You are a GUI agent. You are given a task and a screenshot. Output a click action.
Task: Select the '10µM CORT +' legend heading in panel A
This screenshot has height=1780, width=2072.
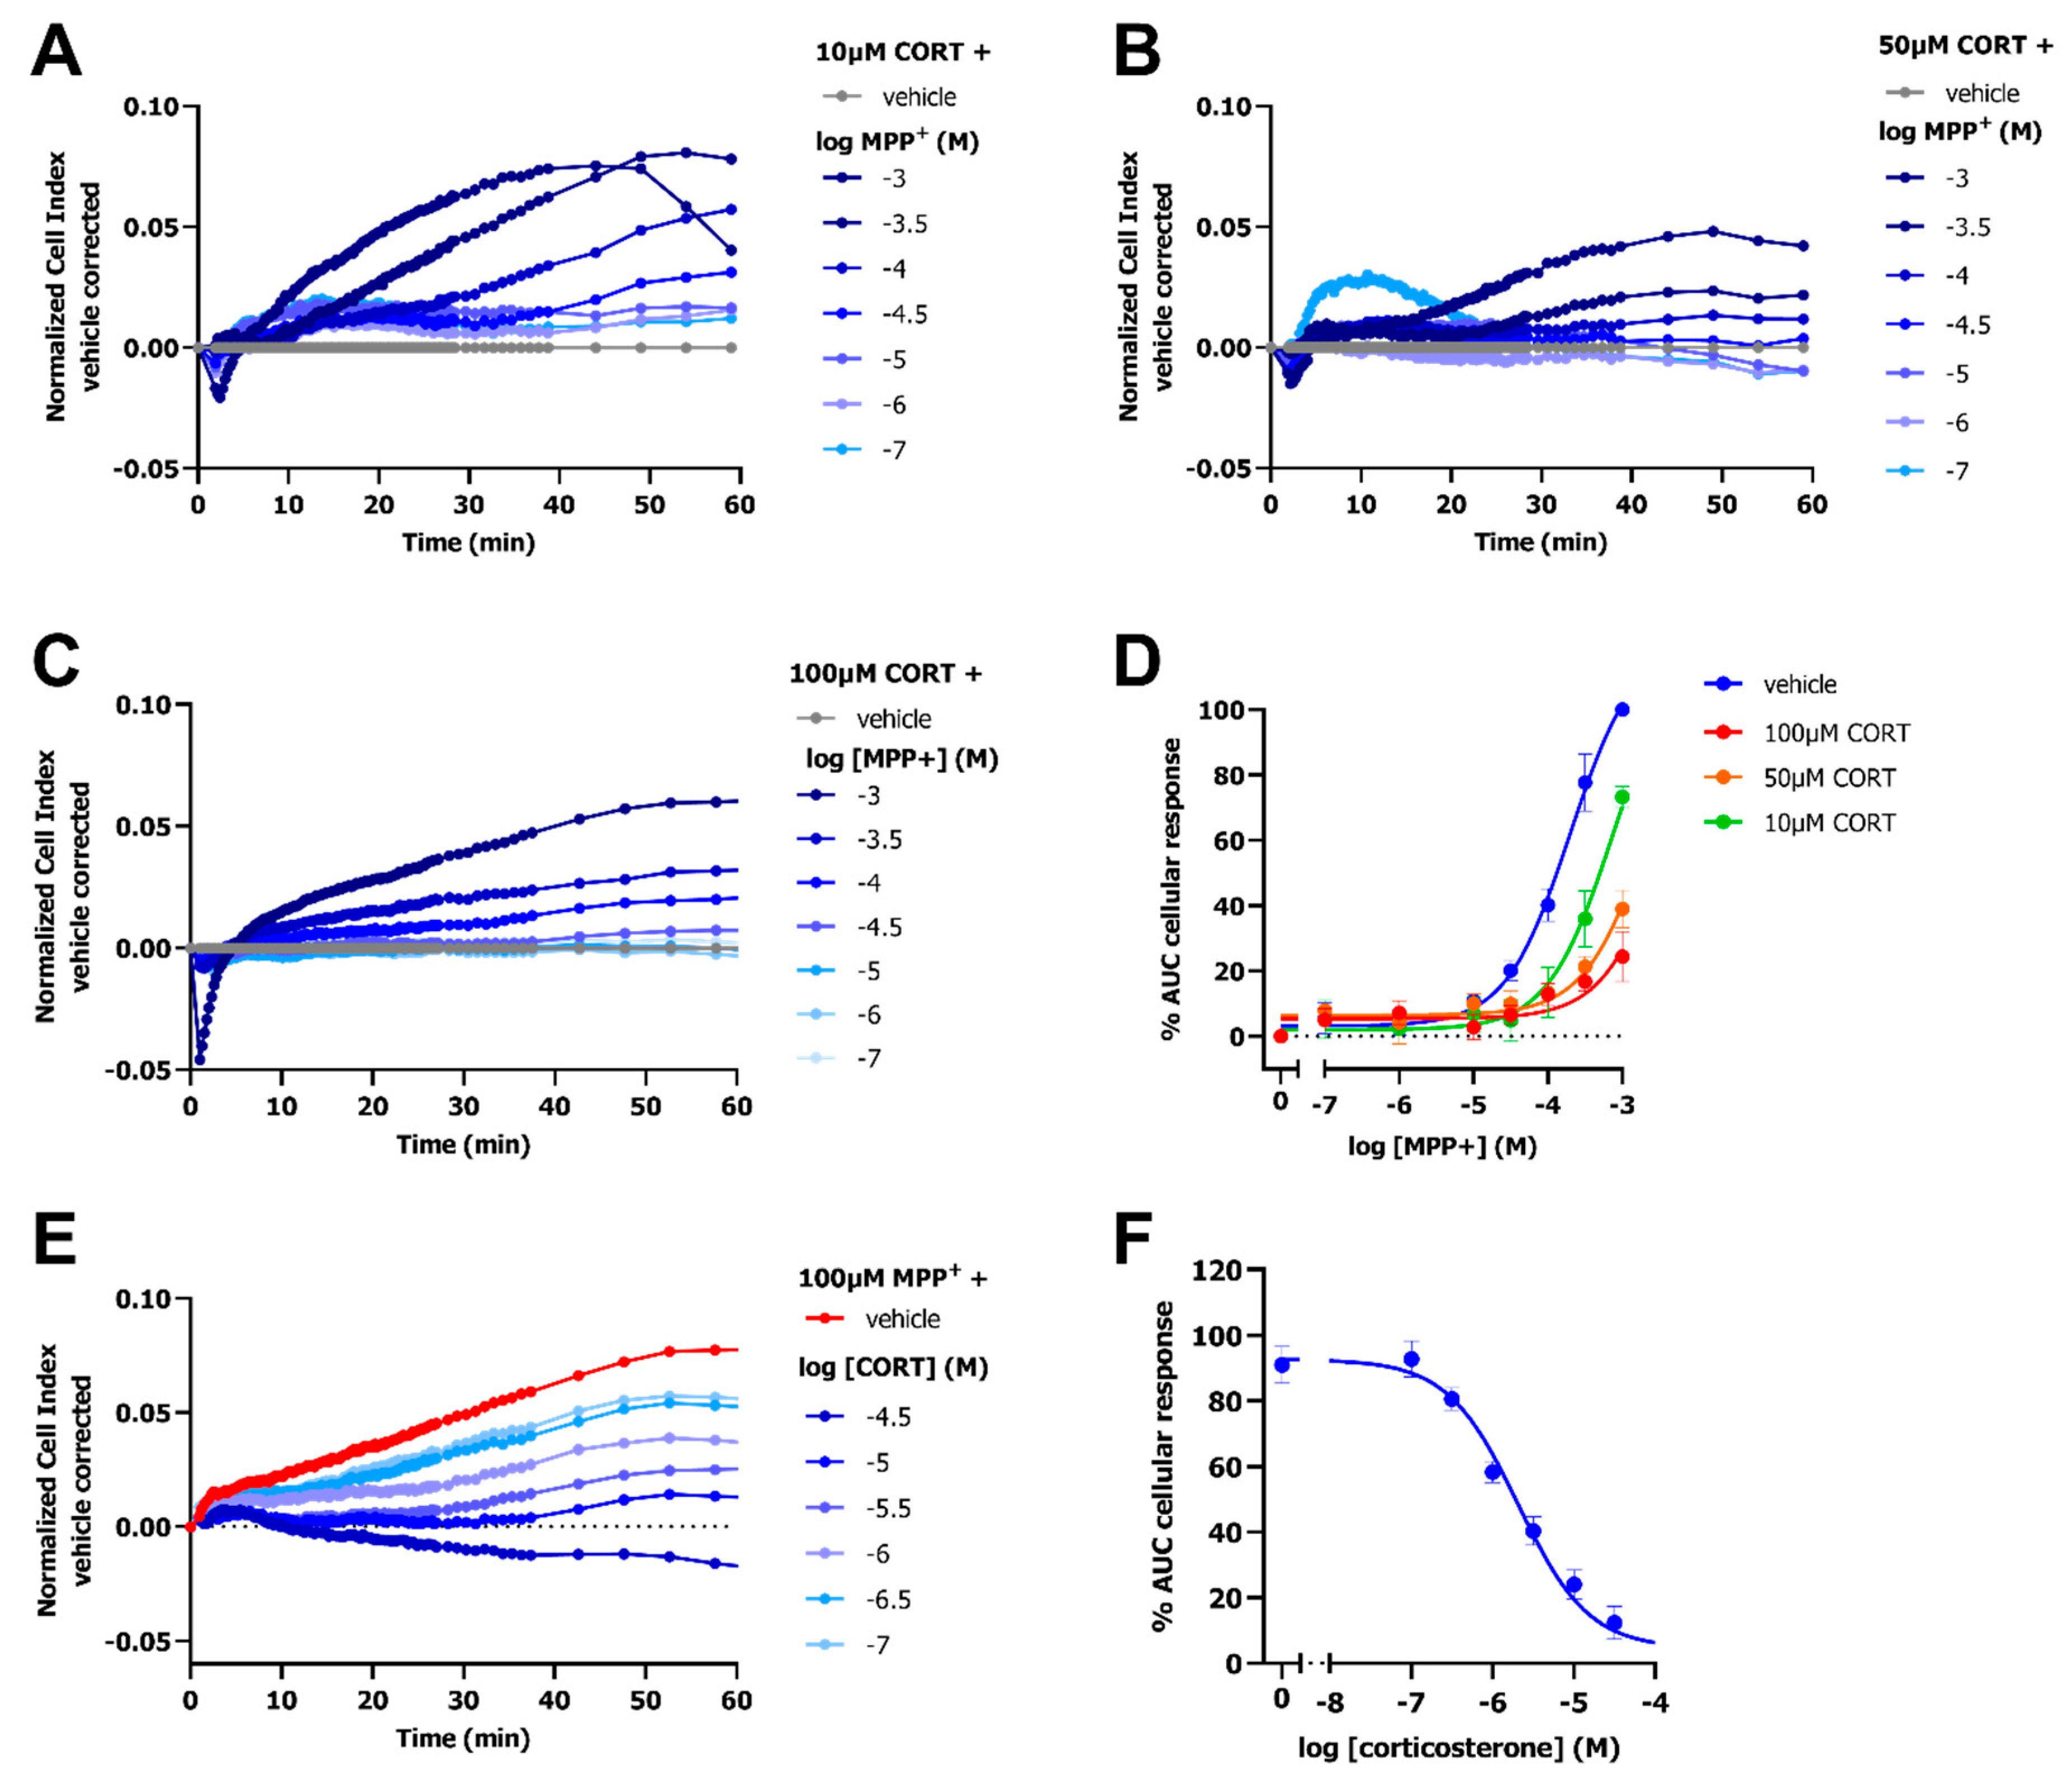click(x=902, y=52)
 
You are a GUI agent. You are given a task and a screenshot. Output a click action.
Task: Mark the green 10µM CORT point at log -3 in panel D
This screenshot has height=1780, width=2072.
click(x=1622, y=797)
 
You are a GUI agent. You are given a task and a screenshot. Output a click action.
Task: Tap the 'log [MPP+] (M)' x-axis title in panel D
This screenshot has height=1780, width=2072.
click(x=1442, y=1146)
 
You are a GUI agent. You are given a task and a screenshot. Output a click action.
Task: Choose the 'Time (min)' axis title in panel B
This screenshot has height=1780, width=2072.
click(x=1540, y=542)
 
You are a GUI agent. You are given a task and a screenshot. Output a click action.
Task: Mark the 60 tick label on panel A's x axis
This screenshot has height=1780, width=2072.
click(x=739, y=505)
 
